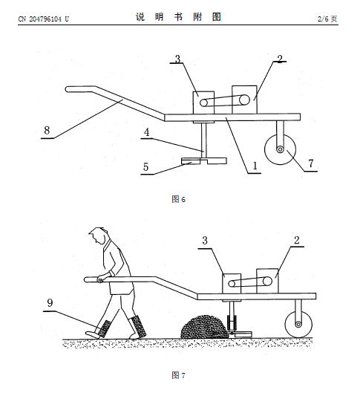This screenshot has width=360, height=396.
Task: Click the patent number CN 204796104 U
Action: point(43,19)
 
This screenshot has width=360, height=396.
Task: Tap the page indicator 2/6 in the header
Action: point(323,19)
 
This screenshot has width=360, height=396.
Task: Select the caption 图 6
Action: point(178,199)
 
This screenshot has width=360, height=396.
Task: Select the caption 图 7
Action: point(178,375)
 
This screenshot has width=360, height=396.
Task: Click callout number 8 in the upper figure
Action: point(47,131)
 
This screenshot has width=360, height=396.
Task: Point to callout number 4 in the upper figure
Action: point(146,132)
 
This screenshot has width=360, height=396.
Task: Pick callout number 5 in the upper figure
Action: point(145,167)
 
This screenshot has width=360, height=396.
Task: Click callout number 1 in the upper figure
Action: point(255,166)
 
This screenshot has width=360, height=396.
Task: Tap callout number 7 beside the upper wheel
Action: point(311,163)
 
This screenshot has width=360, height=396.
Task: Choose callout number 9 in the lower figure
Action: point(50,302)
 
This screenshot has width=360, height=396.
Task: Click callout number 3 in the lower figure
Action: point(205,241)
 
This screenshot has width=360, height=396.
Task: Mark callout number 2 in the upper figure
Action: point(280,59)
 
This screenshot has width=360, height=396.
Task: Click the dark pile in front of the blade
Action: point(205,327)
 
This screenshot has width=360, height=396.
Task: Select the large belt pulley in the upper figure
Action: point(244,100)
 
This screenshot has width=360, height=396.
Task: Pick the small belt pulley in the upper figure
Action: point(203,103)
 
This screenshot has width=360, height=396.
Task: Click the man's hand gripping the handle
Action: point(101,279)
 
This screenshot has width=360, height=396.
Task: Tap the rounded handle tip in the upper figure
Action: point(68,89)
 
